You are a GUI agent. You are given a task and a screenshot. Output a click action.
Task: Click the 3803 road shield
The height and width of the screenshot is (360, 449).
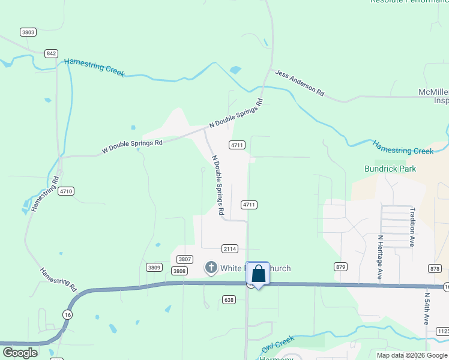pyautogui.click(x=28, y=32)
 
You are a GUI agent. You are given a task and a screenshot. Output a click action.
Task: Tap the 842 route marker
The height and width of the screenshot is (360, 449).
pyautogui.click(x=51, y=53)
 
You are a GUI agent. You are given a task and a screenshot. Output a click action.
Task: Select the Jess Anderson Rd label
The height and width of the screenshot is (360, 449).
pyautogui.click(x=300, y=83)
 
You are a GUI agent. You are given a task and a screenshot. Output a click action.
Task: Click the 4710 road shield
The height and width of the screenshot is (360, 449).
pyautogui.click(x=66, y=191)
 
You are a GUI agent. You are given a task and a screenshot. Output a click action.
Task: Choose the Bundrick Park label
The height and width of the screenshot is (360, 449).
pyautogui.click(x=390, y=169)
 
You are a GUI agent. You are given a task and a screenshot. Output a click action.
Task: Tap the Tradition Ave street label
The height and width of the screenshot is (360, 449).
pyautogui.click(x=412, y=227)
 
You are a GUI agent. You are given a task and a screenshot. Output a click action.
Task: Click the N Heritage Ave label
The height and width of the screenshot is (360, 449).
pyautogui.click(x=380, y=256)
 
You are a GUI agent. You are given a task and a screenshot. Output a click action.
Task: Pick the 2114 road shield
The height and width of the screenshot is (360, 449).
pyautogui.click(x=230, y=248)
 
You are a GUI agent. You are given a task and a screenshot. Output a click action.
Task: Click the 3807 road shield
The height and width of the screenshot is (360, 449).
pyautogui.click(x=185, y=259)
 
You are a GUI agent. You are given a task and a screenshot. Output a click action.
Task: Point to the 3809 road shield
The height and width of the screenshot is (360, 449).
pyautogui.click(x=154, y=267)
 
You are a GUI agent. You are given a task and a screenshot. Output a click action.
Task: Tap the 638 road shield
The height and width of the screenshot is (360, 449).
pyautogui.click(x=228, y=299)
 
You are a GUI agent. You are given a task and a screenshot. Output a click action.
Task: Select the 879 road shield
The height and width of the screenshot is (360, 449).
pyautogui.click(x=341, y=266)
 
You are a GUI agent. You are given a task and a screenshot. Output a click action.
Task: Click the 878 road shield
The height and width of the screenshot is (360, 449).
pyautogui.click(x=435, y=268)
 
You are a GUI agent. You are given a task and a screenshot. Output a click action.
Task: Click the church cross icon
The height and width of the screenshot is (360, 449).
pyautogui.click(x=211, y=268)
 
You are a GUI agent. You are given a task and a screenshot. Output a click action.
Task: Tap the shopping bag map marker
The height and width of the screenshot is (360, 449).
pyautogui.click(x=258, y=274)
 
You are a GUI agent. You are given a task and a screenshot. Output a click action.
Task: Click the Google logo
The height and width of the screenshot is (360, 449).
pyautogui.click(x=20, y=353)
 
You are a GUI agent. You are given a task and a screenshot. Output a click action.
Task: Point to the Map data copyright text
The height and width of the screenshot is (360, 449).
pyautogui.click(x=412, y=355)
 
